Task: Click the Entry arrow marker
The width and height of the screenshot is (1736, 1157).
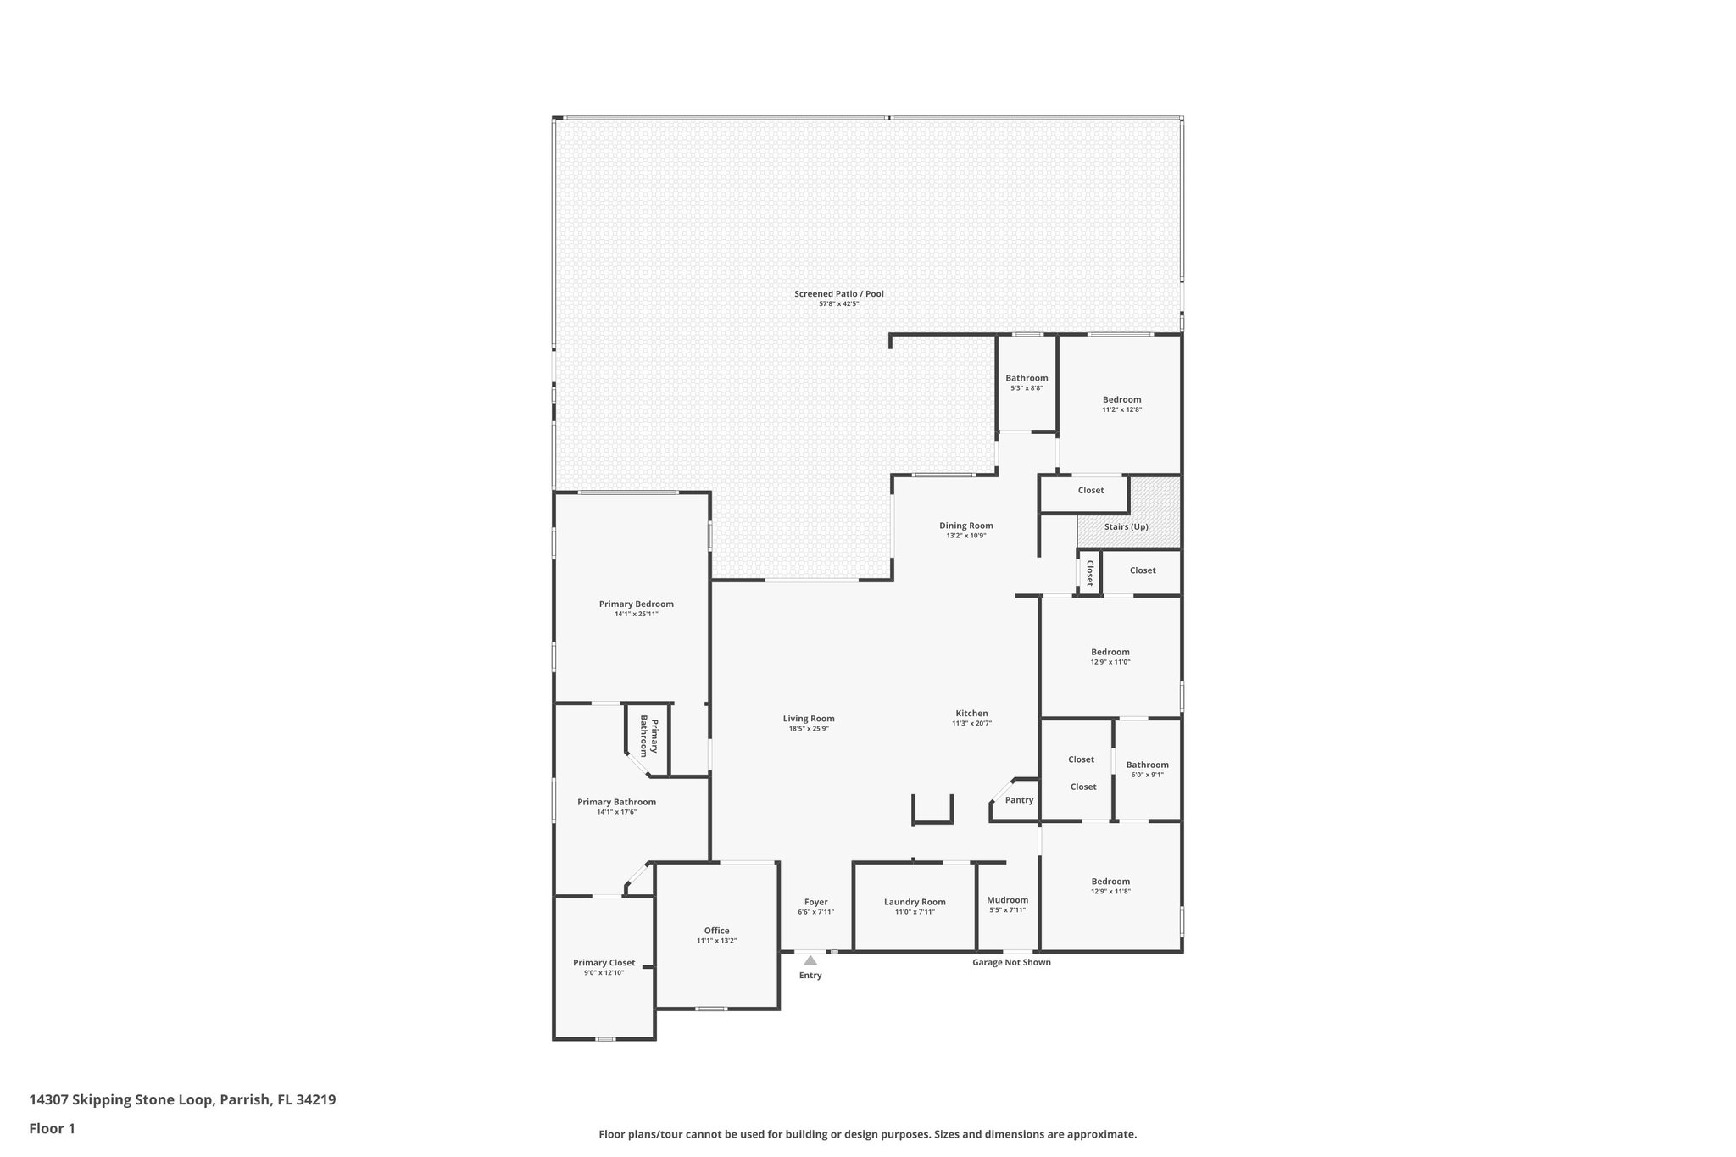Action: tap(810, 960)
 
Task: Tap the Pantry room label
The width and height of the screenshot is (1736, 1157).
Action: tap(1019, 800)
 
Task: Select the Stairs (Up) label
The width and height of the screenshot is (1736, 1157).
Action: tap(1126, 526)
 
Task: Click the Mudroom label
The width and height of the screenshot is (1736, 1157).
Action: tap(1007, 900)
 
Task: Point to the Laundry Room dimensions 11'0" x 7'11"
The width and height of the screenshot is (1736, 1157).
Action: tap(915, 912)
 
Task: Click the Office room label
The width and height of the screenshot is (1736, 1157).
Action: tap(716, 931)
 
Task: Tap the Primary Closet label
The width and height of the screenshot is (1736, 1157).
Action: tap(604, 963)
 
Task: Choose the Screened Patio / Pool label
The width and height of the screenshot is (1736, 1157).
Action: tap(838, 294)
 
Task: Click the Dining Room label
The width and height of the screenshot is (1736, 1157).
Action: tap(965, 526)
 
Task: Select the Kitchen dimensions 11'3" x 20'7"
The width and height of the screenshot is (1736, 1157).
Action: tap(971, 723)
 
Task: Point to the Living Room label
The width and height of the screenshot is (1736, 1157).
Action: tap(808, 719)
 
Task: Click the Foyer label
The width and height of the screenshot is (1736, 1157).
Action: tap(815, 902)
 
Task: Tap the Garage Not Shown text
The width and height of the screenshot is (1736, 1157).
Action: tap(1011, 962)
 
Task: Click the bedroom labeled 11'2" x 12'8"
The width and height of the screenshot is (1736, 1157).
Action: tap(1121, 399)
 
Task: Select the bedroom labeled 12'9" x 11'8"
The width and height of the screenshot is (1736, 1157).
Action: tap(1110, 882)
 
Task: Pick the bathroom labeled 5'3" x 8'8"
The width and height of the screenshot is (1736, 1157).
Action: tap(1027, 378)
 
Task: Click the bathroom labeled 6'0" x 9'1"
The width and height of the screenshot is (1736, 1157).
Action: tap(1147, 765)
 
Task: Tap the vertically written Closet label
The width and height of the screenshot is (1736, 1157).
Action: tap(1089, 573)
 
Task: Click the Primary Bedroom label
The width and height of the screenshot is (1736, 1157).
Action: tap(636, 604)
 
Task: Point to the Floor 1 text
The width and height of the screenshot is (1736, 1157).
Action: tap(53, 1128)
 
